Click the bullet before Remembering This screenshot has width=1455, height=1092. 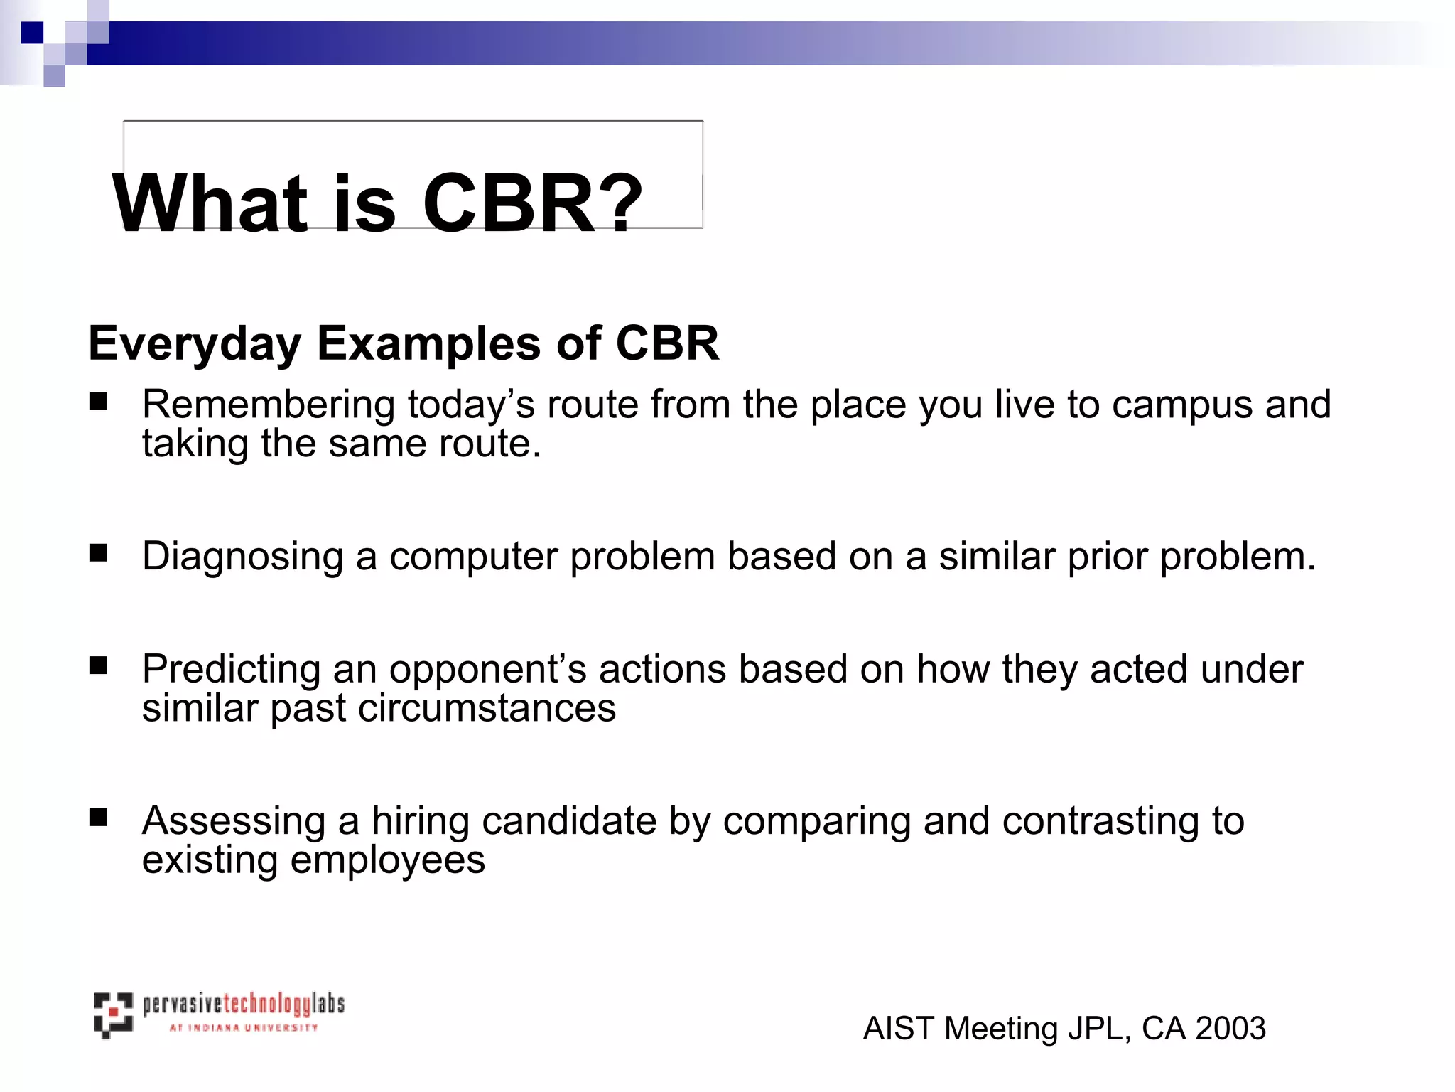click(98, 402)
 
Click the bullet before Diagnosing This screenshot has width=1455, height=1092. click(98, 553)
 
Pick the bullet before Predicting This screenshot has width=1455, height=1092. click(98, 665)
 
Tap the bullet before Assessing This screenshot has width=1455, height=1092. click(98, 818)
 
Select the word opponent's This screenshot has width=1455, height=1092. click(487, 670)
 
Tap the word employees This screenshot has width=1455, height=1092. click(388, 861)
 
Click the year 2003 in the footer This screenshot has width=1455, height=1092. click(1230, 1029)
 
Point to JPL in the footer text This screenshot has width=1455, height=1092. click(1097, 1029)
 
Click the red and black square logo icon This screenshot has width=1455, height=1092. click(113, 1015)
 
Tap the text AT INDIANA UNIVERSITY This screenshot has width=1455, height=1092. click(244, 1027)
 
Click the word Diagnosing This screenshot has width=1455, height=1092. click(242, 557)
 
